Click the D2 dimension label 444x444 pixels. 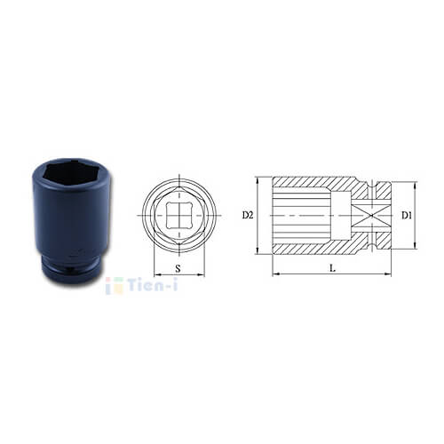click(x=248, y=215)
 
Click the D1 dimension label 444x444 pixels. click(x=407, y=216)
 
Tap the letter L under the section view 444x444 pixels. click(x=333, y=268)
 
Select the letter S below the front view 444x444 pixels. click(x=178, y=269)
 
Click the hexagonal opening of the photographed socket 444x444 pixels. click(x=72, y=172)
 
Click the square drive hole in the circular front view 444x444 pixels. click(x=179, y=215)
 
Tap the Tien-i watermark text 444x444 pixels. click(x=153, y=285)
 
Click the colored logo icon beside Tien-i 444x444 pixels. click(x=115, y=286)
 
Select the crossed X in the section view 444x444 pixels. click(x=371, y=216)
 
